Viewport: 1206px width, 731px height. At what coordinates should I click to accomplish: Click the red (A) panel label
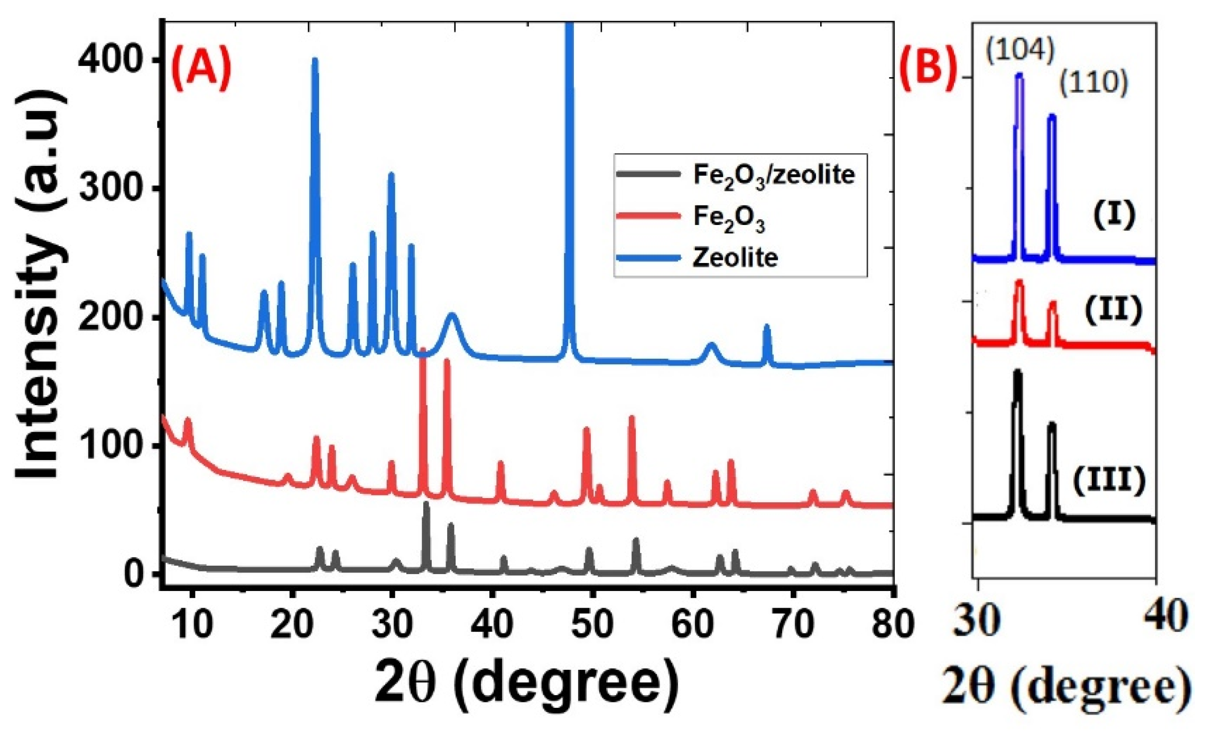click(202, 68)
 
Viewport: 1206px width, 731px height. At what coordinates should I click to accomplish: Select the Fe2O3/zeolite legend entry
click(773, 175)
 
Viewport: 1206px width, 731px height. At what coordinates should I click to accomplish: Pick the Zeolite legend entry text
click(735, 258)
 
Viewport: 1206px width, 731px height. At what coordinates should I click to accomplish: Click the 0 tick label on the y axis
click(133, 574)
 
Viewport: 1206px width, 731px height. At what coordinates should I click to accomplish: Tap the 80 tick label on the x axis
click(893, 624)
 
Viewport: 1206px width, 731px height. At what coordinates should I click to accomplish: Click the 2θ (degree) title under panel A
click(526, 684)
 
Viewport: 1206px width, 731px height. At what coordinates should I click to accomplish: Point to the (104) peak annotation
click(1020, 51)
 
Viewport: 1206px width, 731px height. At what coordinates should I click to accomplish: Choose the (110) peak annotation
click(1093, 83)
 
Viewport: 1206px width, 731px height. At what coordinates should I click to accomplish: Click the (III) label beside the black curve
click(1109, 480)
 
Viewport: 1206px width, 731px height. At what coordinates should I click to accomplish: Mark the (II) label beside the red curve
click(1113, 310)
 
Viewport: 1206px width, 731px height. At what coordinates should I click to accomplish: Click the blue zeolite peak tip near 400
click(315, 60)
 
